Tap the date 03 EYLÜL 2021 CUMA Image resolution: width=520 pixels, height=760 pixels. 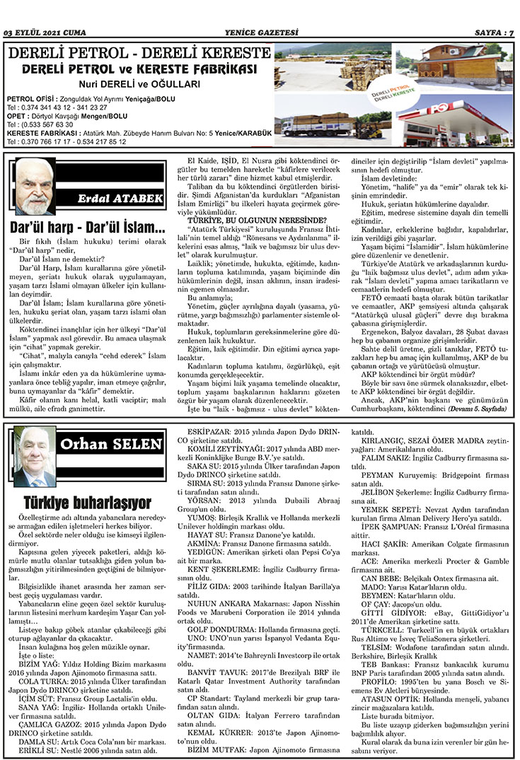[x=45, y=32]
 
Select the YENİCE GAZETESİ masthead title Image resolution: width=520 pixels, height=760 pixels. [x=260, y=32]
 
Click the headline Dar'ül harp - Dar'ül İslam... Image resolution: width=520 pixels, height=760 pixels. [x=88, y=228]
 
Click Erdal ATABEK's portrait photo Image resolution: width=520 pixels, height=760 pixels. [x=35, y=187]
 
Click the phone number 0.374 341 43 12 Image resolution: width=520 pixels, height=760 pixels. [x=47, y=107]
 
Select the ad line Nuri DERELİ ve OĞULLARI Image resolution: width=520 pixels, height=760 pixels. [x=139, y=83]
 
